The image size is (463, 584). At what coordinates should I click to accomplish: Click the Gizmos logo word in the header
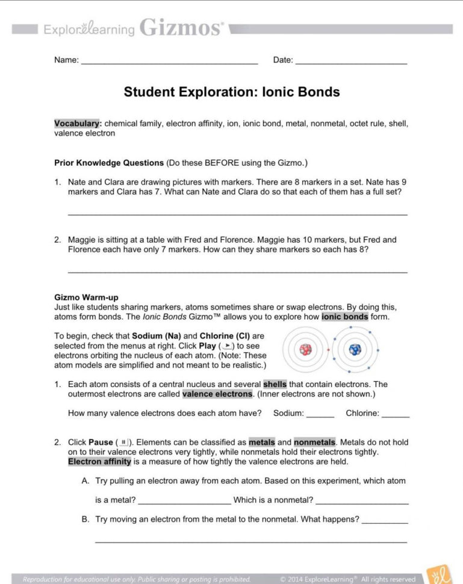(x=181, y=28)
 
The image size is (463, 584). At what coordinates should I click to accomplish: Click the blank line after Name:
(x=169, y=62)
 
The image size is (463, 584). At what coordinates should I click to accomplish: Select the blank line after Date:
(x=351, y=62)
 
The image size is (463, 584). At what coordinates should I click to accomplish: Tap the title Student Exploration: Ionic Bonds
(x=232, y=92)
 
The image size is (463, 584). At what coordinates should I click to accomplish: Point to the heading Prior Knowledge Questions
(x=109, y=163)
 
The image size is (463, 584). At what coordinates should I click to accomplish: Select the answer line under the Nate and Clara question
(x=237, y=213)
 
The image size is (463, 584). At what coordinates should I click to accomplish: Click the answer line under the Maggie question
(x=237, y=271)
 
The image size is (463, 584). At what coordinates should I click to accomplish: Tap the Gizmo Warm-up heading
(x=86, y=297)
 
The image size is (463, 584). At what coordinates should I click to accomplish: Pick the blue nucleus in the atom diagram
(x=355, y=350)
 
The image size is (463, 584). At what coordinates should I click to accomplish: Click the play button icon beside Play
(x=227, y=346)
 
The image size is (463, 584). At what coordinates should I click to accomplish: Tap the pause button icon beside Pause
(x=123, y=443)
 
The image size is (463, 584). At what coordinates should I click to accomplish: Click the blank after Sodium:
(x=320, y=415)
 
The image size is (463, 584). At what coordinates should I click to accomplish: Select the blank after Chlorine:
(x=396, y=415)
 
